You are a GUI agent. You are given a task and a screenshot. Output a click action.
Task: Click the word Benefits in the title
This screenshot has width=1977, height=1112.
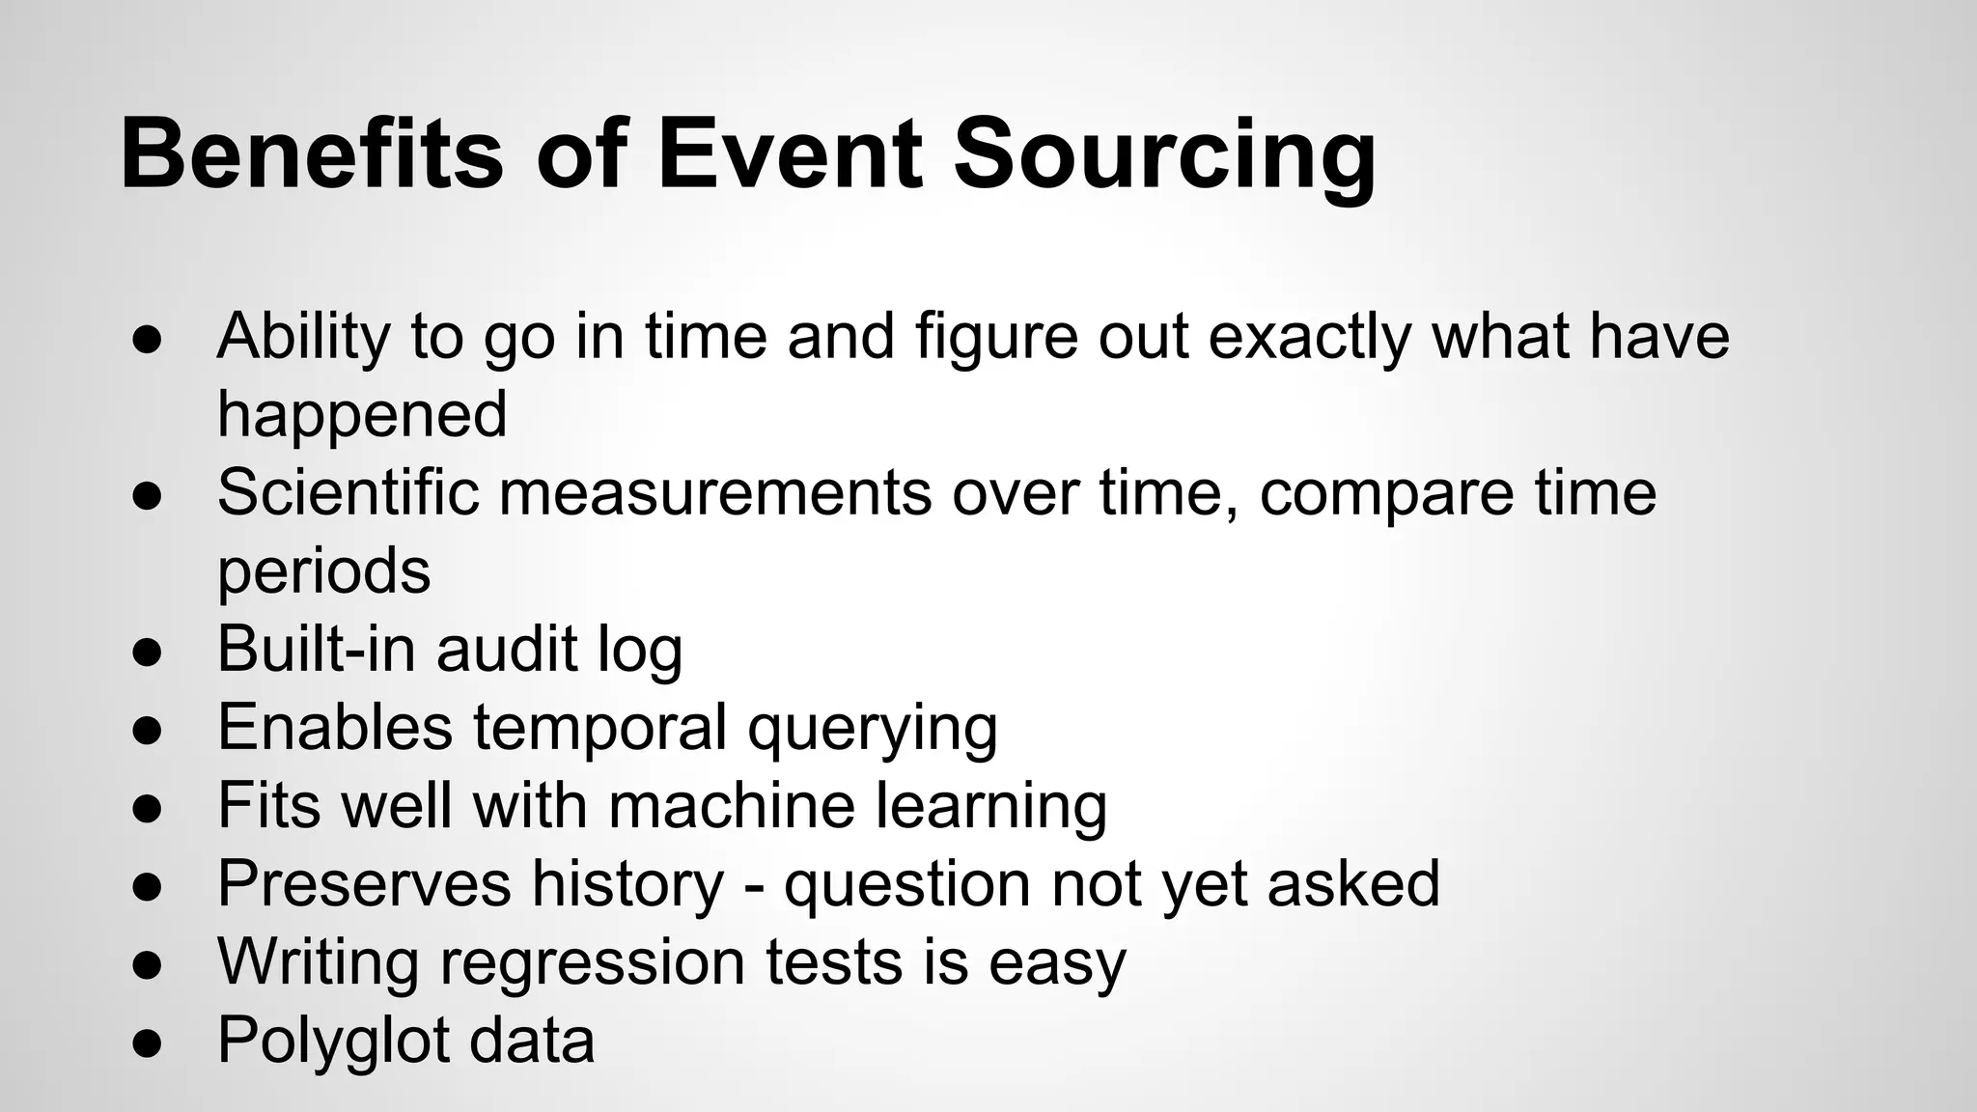[311, 154]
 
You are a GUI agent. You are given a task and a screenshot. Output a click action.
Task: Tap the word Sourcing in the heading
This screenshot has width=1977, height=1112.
[1164, 154]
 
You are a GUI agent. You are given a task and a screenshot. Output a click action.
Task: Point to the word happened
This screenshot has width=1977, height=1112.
[362, 415]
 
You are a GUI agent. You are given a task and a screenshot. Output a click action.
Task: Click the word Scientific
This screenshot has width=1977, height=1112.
[348, 492]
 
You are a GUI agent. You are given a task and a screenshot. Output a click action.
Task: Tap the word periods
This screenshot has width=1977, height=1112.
[323, 571]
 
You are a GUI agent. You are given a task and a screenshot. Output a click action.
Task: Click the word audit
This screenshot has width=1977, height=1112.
[507, 649]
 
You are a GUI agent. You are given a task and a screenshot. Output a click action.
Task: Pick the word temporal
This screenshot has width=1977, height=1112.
[599, 728]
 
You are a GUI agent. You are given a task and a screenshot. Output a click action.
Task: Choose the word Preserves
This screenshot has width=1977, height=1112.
[364, 884]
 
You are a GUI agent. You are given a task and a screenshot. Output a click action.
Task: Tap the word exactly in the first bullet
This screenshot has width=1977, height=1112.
[1309, 337]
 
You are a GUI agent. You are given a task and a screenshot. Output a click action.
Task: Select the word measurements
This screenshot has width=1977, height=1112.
[715, 492]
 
